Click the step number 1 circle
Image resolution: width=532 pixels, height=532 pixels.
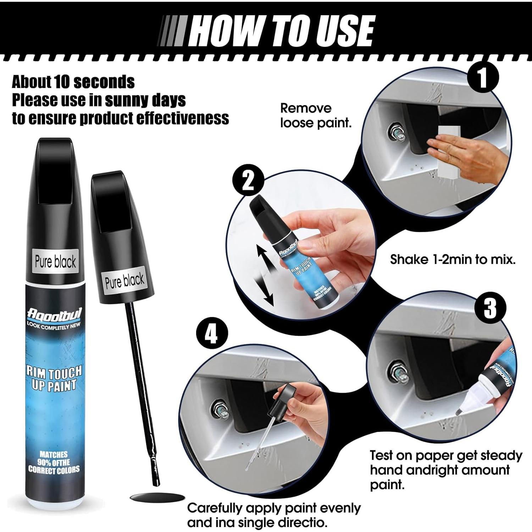coord(482,78)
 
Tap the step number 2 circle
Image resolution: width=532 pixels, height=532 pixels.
coord(248,181)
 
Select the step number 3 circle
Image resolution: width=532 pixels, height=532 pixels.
coord(491,308)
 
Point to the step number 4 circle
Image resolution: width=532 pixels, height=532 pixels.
coord(211,334)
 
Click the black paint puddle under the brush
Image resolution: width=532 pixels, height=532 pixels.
coord(157,497)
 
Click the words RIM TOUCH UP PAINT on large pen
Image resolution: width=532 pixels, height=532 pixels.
coord(54,378)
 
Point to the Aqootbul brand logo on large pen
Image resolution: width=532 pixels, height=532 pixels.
coord(54,315)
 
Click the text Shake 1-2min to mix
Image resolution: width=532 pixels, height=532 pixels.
coord(453,259)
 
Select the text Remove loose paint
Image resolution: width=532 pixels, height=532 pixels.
coord(315,116)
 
